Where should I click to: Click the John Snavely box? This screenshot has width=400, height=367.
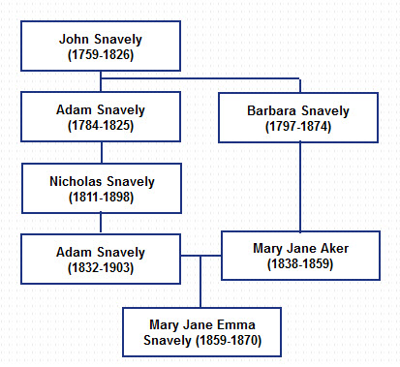(x=102, y=47)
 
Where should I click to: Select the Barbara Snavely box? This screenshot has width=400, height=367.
(x=296, y=118)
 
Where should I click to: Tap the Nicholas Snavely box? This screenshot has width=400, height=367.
(x=102, y=188)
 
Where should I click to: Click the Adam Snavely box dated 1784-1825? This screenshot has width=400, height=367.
(x=102, y=118)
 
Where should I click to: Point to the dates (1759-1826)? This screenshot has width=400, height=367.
(x=102, y=55)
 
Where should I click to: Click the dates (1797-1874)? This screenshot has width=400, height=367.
(x=296, y=127)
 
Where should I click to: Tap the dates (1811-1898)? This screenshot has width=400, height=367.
(x=102, y=197)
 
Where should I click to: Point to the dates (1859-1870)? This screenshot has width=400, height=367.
(x=225, y=340)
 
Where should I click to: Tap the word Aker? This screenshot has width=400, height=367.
(x=334, y=247)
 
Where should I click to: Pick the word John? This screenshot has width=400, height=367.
(x=75, y=40)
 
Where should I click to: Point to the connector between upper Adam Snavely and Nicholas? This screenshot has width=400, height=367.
(x=102, y=153)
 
